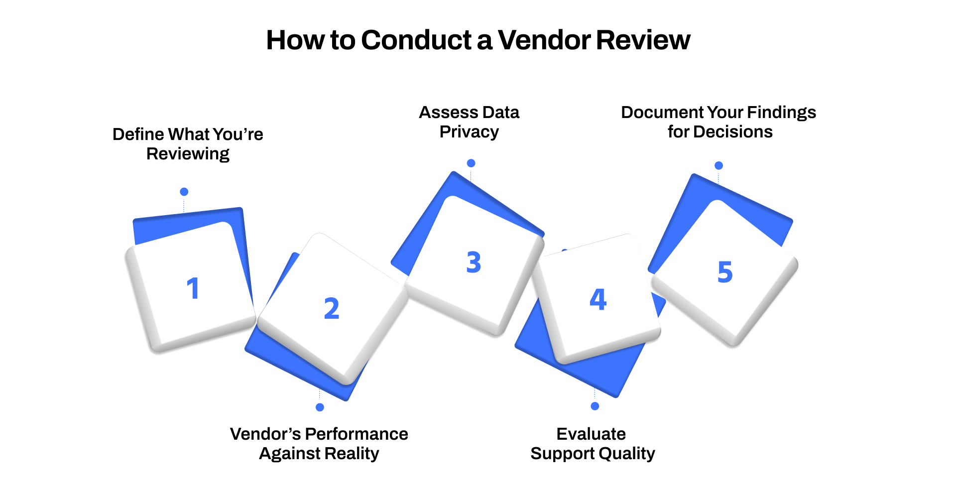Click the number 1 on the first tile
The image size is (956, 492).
coord(193,288)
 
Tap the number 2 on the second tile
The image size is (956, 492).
coord(332,308)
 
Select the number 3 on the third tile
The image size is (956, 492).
coord(474,262)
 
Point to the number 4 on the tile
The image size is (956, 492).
coord(598,299)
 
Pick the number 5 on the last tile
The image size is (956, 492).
coord(725,272)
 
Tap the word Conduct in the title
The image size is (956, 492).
coord(416,40)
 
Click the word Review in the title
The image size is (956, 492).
coord(643,40)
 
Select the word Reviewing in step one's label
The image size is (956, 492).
coord(188,154)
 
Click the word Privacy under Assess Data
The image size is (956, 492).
coord(469,132)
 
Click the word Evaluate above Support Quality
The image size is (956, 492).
coord(591,434)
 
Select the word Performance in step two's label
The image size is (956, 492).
coord(357,434)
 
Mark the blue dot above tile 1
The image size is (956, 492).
coord(184,192)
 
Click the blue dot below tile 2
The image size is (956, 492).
coord(320,407)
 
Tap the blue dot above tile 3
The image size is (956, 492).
coord(471,163)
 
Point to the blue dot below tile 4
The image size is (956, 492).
coord(595,406)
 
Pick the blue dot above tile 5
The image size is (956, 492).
coord(718,165)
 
